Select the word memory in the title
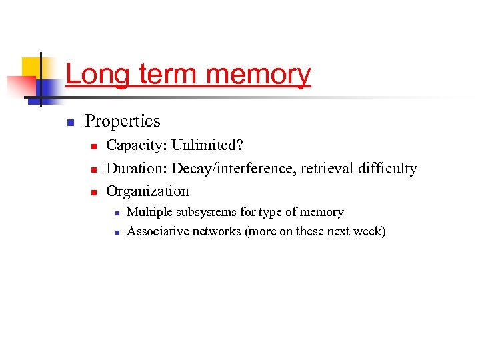point(258,74)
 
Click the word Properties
point(122,121)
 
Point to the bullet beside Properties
point(69,123)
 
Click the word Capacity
point(137,145)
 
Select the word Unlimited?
point(207,145)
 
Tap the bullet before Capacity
point(94,147)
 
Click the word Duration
point(136,168)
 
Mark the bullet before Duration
point(94,169)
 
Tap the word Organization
point(147,191)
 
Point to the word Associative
point(157,231)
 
